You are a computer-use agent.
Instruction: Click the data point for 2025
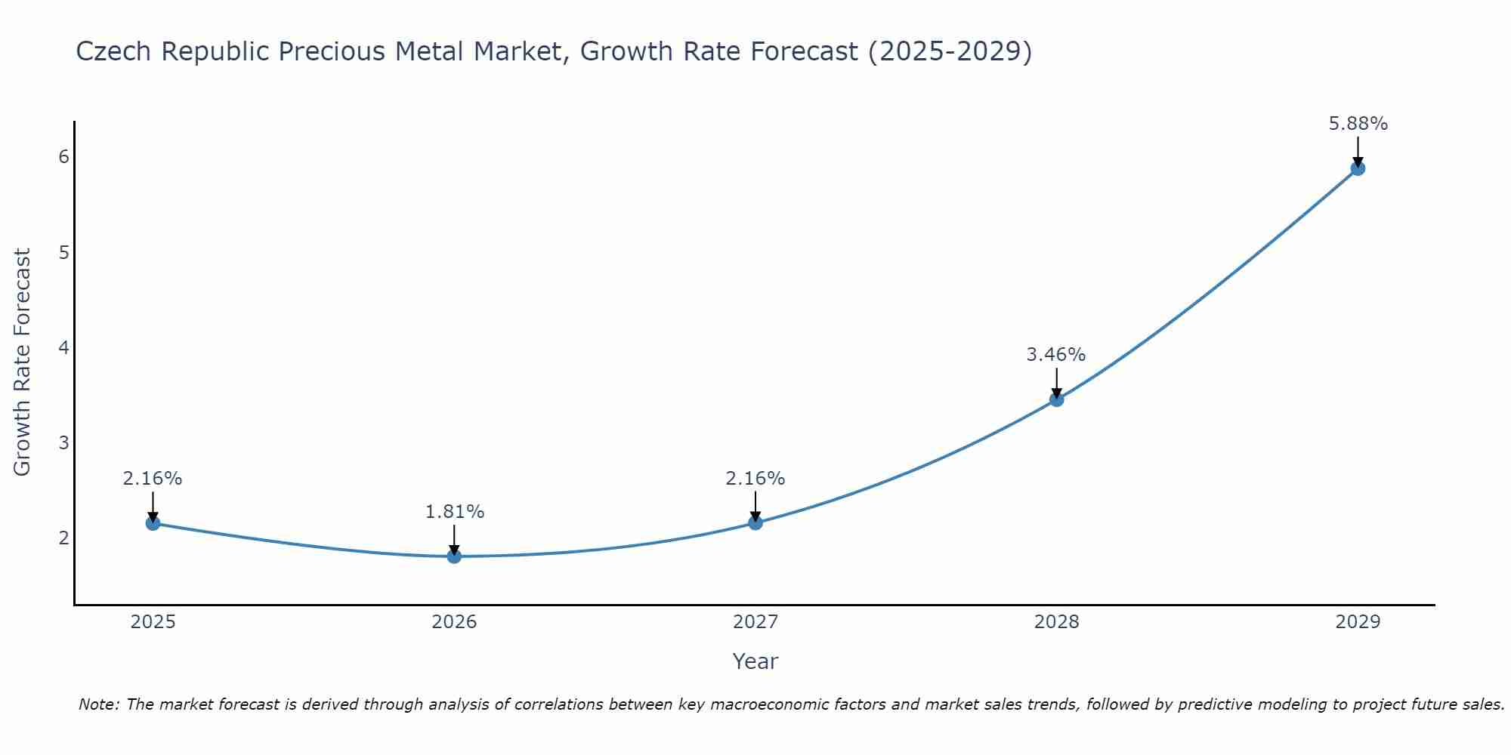pyautogui.click(x=153, y=523)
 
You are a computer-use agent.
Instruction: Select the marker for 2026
pyautogui.click(x=454, y=556)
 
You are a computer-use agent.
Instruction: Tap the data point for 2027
pyautogui.click(x=755, y=522)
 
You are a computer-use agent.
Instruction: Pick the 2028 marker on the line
pyautogui.click(x=1056, y=399)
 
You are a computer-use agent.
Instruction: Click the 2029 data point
pyautogui.click(x=1358, y=168)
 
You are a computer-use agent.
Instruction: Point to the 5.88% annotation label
pyautogui.click(x=1358, y=124)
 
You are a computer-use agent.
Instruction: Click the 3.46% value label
pyautogui.click(x=1055, y=355)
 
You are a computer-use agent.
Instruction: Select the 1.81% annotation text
pyautogui.click(x=454, y=512)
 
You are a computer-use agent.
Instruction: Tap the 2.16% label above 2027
pyautogui.click(x=755, y=479)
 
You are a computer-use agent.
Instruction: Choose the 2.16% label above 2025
pyautogui.click(x=153, y=479)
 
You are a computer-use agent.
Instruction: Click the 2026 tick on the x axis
pyautogui.click(x=454, y=622)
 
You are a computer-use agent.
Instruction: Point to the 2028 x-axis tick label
pyautogui.click(x=1056, y=622)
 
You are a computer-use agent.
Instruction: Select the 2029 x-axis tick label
pyautogui.click(x=1358, y=622)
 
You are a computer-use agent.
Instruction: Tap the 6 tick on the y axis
pyautogui.click(x=63, y=157)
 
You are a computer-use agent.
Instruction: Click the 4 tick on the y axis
pyautogui.click(x=63, y=348)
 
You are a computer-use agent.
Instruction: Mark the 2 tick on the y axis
pyautogui.click(x=63, y=538)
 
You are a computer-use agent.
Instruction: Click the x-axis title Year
pyautogui.click(x=755, y=661)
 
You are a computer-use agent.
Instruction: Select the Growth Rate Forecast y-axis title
pyautogui.click(x=23, y=362)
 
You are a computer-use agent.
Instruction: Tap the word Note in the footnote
pyautogui.click(x=98, y=705)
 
